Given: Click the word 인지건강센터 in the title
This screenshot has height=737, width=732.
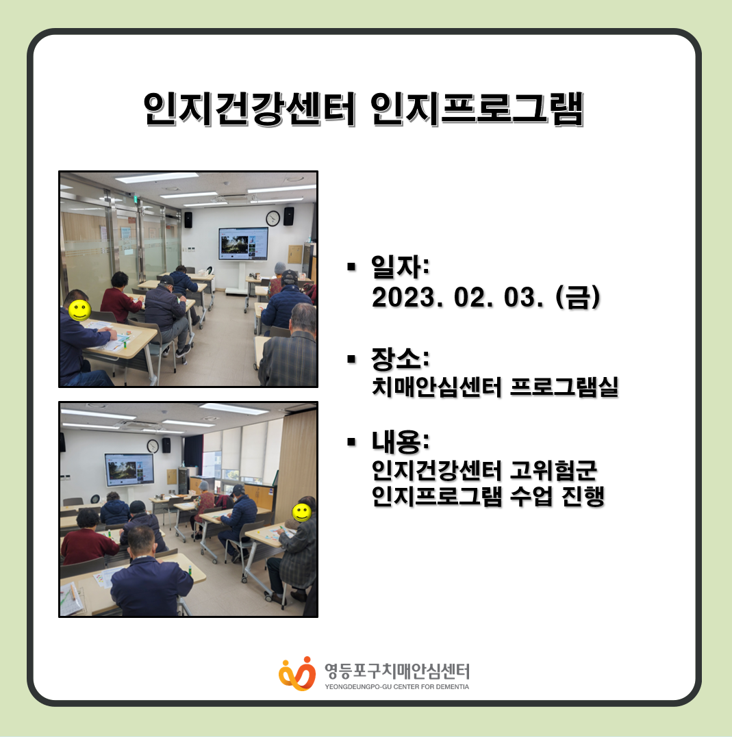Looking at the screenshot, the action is click(250, 109).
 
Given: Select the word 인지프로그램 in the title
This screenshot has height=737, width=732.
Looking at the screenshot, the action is click(477, 109).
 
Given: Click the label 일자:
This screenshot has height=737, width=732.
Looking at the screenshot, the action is click(401, 267).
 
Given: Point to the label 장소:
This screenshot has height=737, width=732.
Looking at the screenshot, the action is click(401, 359).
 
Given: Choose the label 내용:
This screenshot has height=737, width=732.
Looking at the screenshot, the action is click(401, 441).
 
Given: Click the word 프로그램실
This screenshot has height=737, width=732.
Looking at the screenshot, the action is click(564, 387).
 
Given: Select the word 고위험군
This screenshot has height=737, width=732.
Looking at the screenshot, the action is click(554, 470).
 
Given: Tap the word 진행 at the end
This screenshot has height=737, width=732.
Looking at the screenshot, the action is click(583, 496).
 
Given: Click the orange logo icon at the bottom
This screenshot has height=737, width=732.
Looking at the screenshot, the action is click(297, 673).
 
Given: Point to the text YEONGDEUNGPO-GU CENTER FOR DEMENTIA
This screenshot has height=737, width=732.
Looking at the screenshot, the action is click(396, 687).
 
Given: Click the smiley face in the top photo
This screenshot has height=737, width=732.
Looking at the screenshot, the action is click(80, 310).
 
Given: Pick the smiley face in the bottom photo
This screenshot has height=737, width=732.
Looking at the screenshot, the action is click(301, 513).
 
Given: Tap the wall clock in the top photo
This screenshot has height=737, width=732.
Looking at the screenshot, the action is click(273, 218).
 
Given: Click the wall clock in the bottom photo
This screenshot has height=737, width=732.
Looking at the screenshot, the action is click(153, 445).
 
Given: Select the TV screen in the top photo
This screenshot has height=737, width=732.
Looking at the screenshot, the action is click(243, 244).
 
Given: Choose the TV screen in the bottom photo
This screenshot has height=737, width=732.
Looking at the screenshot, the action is click(129, 469).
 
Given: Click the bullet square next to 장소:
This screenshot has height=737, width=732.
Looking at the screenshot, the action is click(351, 359).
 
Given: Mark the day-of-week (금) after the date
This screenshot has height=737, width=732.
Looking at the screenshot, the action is click(578, 298).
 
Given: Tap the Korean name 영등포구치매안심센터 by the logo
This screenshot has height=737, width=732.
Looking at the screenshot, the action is click(397, 671).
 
